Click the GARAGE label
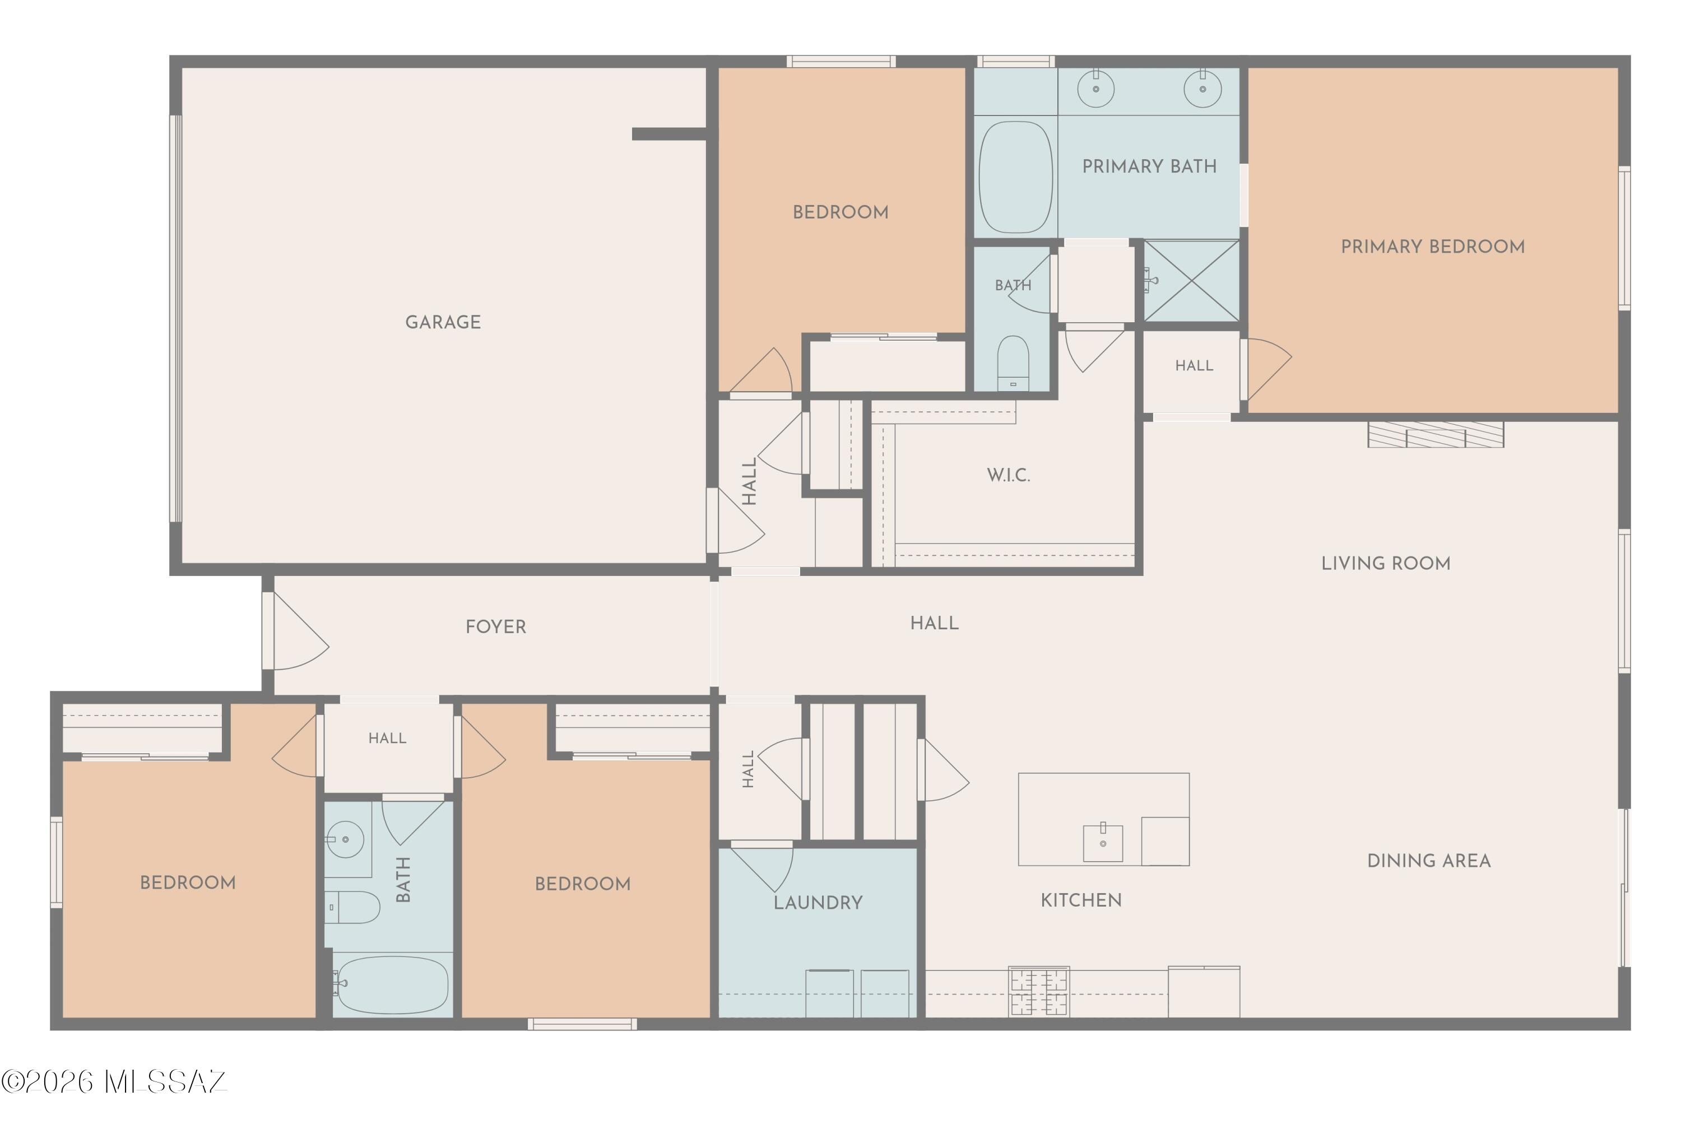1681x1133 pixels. pyautogui.click(x=443, y=322)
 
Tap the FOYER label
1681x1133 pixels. pyautogui.click(x=495, y=626)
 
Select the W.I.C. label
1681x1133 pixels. pyautogui.click(x=1009, y=475)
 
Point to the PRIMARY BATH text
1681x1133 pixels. pyautogui.click(x=1149, y=166)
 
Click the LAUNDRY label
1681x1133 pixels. pyautogui.click(x=818, y=903)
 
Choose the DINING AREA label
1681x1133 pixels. pyautogui.click(x=1429, y=861)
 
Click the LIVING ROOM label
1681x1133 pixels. pyautogui.click(x=1386, y=564)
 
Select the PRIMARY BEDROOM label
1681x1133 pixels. pyautogui.click(x=1433, y=247)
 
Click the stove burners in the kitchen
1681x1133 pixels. pyautogui.click(x=1039, y=991)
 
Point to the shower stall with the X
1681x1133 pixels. pyautogui.click(x=1191, y=281)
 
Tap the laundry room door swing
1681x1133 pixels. pyautogui.click(x=762, y=867)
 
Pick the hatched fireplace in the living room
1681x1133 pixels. pyautogui.click(x=1436, y=435)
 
